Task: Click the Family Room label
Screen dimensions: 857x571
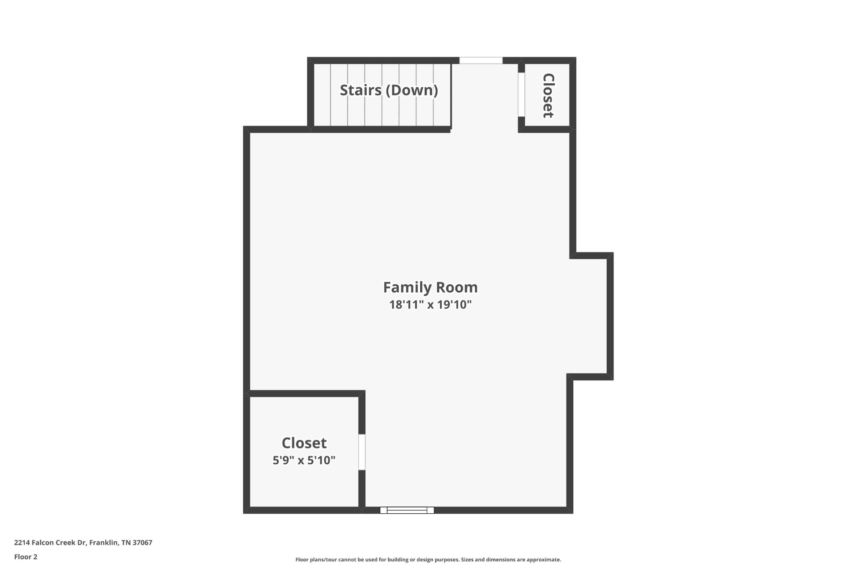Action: [430, 287]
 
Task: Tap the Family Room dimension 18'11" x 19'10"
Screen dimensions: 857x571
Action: [430, 305]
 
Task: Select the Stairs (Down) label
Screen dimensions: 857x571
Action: [389, 90]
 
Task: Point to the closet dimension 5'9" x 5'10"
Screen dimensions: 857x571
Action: [304, 460]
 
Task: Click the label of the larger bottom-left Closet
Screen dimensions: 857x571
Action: [304, 443]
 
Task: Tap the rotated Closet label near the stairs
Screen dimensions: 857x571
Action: [548, 96]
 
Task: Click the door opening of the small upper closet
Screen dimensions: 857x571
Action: [521, 95]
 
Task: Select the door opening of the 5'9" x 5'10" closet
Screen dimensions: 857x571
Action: [362, 452]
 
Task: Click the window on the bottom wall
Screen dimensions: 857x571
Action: [407, 510]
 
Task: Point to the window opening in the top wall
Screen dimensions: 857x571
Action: [481, 61]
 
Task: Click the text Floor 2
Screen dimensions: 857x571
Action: [26, 557]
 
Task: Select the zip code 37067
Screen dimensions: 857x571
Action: [142, 543]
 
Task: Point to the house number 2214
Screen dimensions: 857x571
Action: [22, 543]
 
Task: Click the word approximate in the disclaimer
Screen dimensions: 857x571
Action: [544, 560]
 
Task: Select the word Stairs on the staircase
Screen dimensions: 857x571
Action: [361, 90]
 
